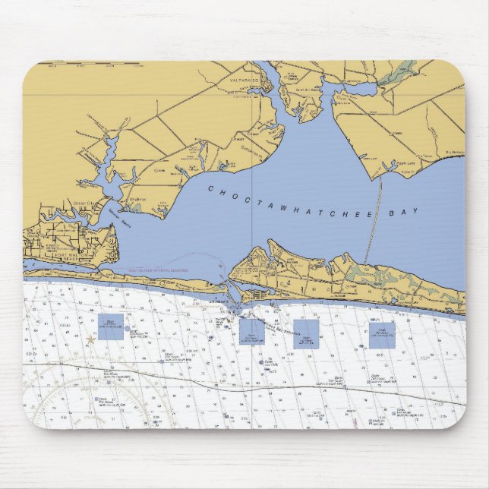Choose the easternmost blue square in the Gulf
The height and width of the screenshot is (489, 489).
[382, 335]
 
